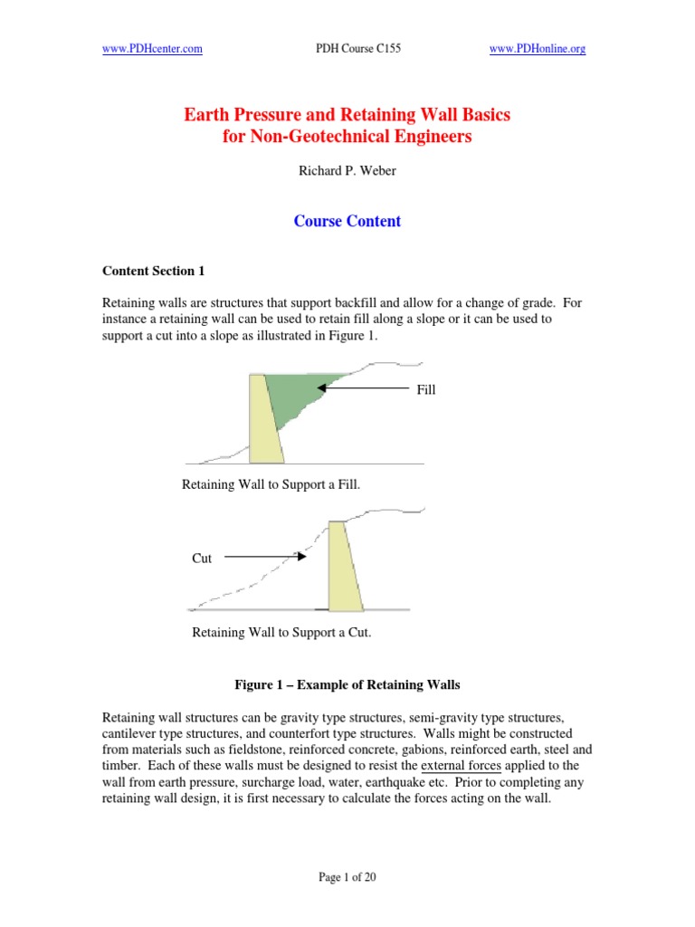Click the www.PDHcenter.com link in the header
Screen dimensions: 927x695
152,49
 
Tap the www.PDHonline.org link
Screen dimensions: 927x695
538,49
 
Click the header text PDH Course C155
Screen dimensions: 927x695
347,49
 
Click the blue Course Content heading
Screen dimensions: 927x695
347,221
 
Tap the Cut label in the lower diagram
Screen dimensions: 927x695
202,559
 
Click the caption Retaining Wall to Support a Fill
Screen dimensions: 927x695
271,484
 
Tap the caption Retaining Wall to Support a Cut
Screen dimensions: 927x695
281,633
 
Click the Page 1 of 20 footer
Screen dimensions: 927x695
347,879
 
